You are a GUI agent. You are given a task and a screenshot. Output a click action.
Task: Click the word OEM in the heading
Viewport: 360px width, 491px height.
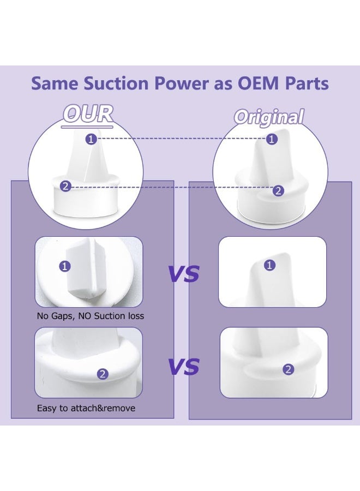pyautogui.click(x=258, y=83)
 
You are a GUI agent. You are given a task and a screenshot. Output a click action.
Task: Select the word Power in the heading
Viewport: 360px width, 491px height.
pyautogui.click(x=181, y=83)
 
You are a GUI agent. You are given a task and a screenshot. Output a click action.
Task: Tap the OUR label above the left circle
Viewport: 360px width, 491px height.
pyautogui.click(x=88, y=114)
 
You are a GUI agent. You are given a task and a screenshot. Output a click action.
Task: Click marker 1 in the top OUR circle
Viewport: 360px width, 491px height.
pyautogui.click(x=91, y=139)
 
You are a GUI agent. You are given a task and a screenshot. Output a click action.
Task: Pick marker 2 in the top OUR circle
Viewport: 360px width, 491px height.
pyautogui.click(x=65, y=187)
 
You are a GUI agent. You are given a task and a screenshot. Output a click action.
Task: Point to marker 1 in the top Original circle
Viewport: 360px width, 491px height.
pyautogui.click(x=272, y=139)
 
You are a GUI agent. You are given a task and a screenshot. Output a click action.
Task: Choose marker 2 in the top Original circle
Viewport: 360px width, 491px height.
pyautogui.click(x=278, y=191)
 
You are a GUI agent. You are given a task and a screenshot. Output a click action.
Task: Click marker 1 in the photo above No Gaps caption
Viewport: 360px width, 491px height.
pyautogui.click(x=65, y=266)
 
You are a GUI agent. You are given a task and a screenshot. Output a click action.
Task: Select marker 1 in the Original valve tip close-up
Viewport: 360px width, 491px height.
pyautogui.click(x=270, y=265)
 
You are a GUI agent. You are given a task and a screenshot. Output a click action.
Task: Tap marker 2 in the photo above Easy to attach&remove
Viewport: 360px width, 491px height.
pyautogui.click(x=103, y=374)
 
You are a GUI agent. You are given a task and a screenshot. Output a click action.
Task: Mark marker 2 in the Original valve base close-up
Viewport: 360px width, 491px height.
pyautogui.click(x=289, y=369)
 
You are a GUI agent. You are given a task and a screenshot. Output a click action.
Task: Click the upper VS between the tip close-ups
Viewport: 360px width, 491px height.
pyautogui.click(x=184, y=274)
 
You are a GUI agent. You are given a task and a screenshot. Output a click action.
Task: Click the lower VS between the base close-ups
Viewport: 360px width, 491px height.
pyautogui.click(x=184, y=367)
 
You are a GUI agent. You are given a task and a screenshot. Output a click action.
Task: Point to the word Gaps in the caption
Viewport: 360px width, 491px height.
pyautogui.click(x=63, y=316)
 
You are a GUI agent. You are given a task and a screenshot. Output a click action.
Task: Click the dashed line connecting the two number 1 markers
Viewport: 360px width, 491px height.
pyautogui.click(x=181, y=139)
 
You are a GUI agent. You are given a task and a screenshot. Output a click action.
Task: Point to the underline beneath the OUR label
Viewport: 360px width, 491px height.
pyautogui.click(x=87, y=127)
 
